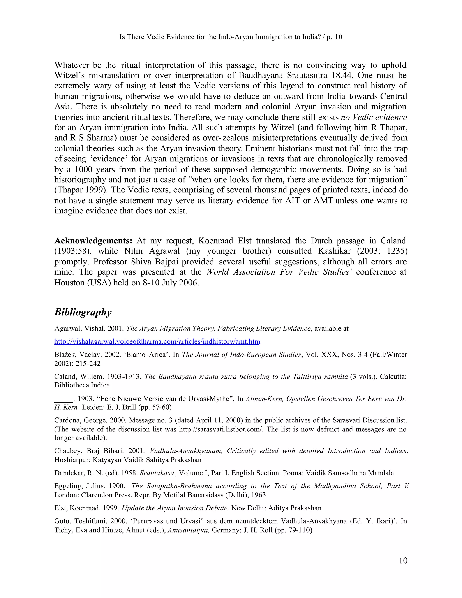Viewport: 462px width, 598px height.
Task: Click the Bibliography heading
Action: pyautogui.click(x=83, y=312)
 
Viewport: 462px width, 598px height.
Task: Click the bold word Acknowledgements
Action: pyautogui.click(x=93, y=241)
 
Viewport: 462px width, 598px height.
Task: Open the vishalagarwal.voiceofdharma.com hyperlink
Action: pyautogui.click(x=157, y=341)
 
